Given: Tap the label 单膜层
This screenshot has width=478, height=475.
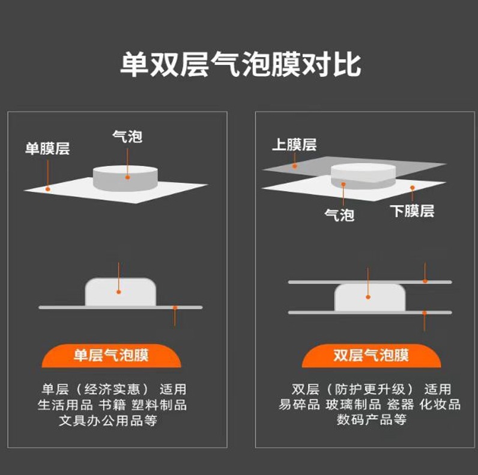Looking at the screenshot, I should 47,148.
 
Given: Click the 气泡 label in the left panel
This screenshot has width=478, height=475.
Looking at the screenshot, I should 127,136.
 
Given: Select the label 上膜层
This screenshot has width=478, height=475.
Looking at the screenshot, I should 294,145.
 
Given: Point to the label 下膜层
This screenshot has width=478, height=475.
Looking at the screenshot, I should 411,211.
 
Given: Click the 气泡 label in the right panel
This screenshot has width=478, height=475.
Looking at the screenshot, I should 339,214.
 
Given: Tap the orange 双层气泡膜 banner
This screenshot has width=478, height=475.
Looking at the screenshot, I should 371,355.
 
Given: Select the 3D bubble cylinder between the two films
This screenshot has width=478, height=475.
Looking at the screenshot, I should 364,175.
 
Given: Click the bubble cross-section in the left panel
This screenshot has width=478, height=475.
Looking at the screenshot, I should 121,291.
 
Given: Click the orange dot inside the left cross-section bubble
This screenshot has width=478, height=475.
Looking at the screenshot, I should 119,292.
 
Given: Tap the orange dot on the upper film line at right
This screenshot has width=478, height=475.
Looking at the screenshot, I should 425,280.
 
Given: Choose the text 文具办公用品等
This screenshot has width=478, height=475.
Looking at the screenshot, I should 107,420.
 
